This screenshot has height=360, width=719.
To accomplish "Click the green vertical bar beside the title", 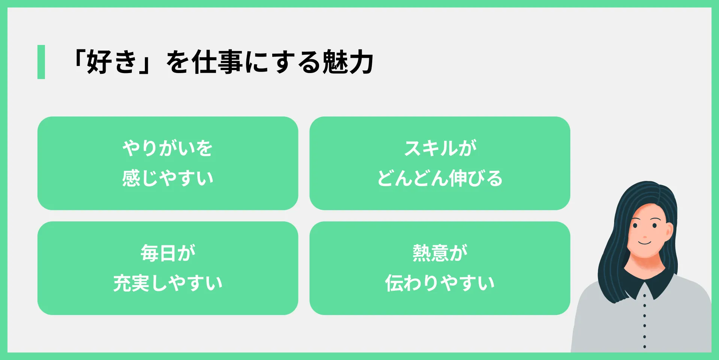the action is point(41,62).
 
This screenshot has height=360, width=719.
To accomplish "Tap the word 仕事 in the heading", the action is point(217,62).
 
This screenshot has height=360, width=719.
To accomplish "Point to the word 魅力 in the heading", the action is point(348,62).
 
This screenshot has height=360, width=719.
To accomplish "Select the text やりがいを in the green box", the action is point(168,148).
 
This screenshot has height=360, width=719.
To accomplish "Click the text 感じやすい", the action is point(168,178).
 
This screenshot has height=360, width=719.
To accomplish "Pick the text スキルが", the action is point(440,148).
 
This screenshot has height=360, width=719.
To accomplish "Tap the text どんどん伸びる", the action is point(440,178).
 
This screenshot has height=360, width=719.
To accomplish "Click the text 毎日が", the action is point(168,253).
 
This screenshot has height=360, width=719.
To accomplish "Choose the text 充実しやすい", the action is point(168,283).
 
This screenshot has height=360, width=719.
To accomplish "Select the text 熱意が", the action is point(440,253).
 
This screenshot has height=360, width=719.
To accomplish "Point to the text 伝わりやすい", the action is point(440,283).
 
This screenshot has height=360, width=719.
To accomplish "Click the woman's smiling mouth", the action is point(645,243).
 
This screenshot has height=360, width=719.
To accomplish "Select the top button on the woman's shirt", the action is point(644,296).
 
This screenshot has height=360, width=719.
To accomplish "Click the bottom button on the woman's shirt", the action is point(644,347).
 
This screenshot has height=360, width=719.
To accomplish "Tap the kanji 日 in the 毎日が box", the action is point(168,253).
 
